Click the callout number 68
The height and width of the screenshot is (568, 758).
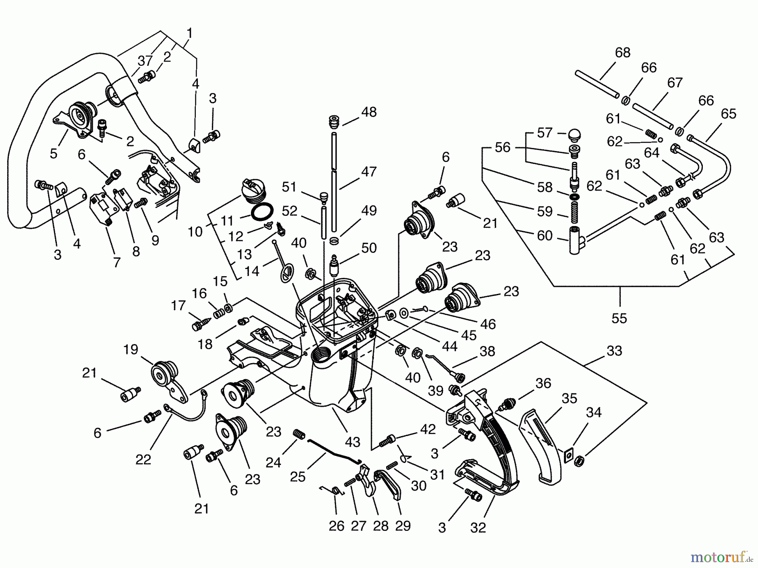point(622,53)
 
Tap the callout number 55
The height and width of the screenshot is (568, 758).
point(619,318)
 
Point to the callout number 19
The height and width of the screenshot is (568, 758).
point(131,350)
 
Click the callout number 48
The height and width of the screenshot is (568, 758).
point(368,112)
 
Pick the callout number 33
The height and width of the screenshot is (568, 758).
point(614,350)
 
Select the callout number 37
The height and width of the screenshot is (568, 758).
point(145,61)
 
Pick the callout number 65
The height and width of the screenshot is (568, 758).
point(728,114)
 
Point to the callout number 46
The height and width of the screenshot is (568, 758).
point(487,324)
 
